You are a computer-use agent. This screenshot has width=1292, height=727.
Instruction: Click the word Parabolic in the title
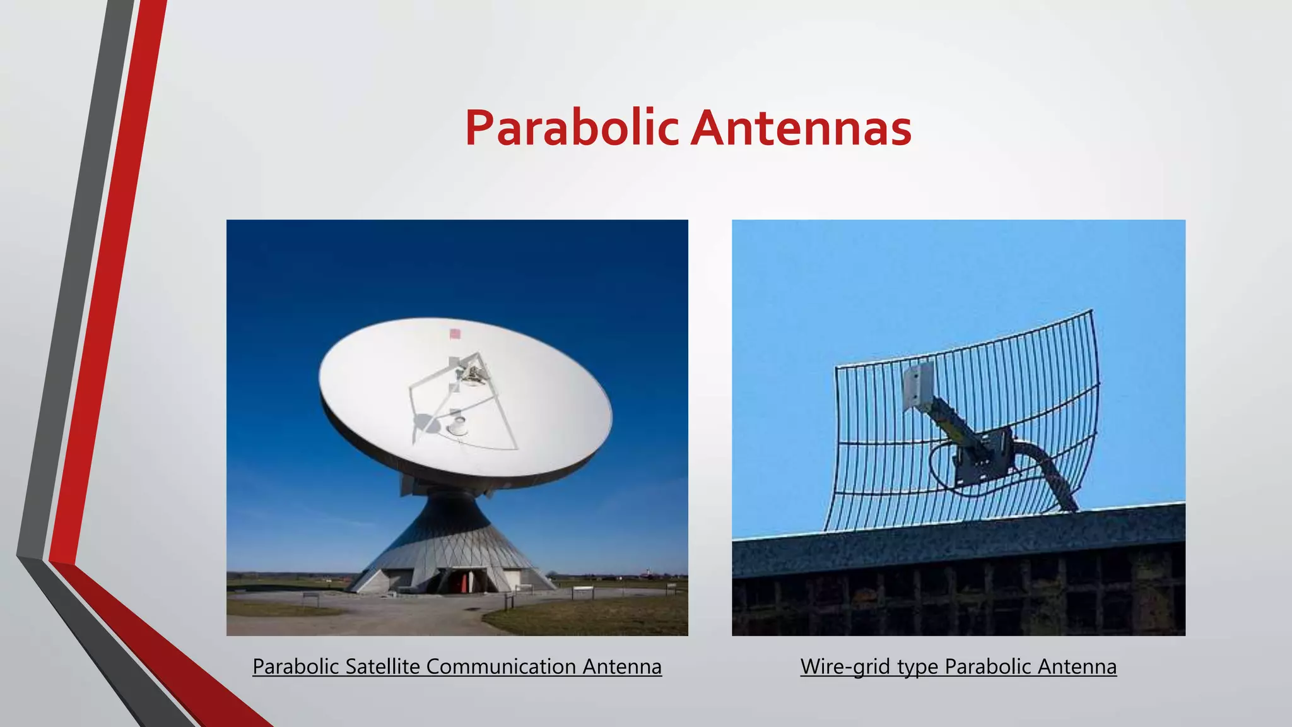(x=571, y=128)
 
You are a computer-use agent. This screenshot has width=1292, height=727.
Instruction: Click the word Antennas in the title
(x=801, y=128)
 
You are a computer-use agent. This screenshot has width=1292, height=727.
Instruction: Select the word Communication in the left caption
(x=502, y=666)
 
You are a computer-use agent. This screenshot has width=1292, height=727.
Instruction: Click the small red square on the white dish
(x=454, y=333)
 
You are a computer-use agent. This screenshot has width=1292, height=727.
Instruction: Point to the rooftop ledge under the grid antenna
(x=959, y=536)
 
